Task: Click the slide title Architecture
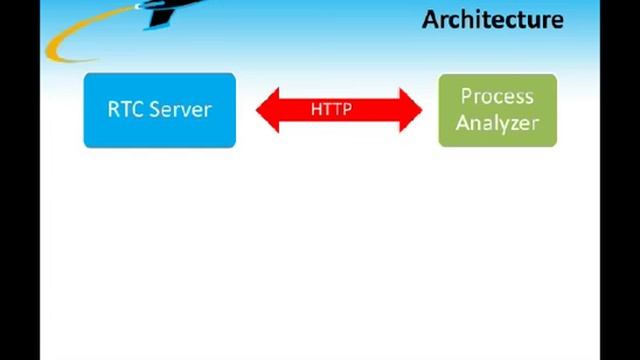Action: point(492,19)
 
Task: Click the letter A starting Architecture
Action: point(430,19)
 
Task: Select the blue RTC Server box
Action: point(159,110)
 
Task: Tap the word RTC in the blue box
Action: point(125,109)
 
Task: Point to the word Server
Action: point(180,109)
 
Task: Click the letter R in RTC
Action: point(113,109)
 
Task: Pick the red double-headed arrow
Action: point(340,109)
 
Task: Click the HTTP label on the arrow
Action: point(331,109)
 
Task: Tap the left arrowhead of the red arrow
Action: point(268,109)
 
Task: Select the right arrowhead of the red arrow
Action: point(412,109)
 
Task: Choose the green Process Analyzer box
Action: point(497,110)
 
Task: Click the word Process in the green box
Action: point(497,97)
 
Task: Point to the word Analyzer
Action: point(497,123)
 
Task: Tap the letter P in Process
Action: point(466,97)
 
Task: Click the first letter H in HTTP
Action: point(316,109)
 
